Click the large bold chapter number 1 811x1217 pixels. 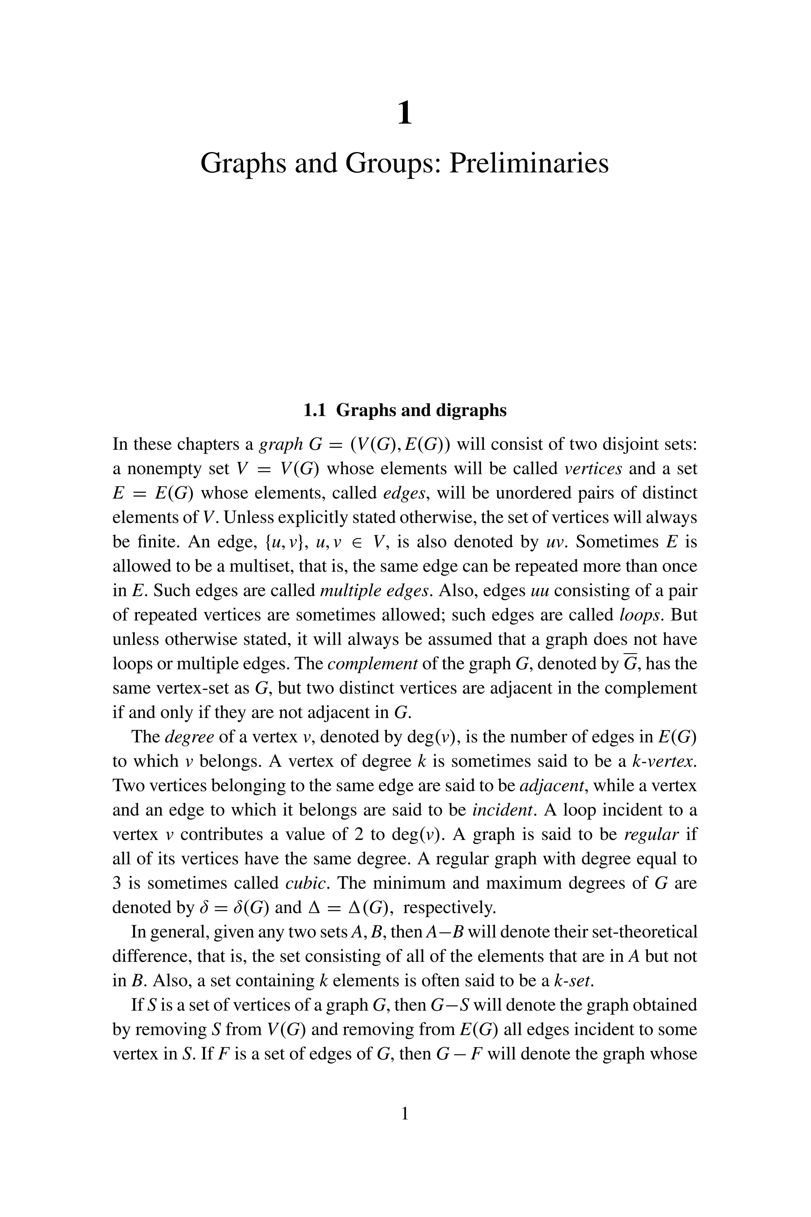[405, 113]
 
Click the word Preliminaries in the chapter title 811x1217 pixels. [529, 164]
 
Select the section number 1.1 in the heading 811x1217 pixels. [314, 410]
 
